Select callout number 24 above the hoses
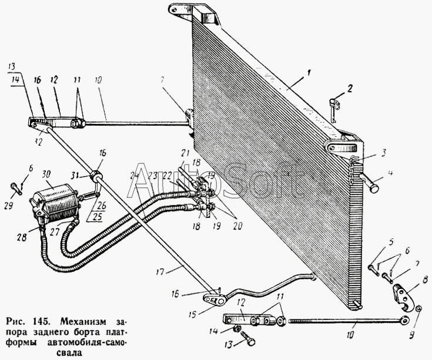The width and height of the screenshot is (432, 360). [x=135, y=174]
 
